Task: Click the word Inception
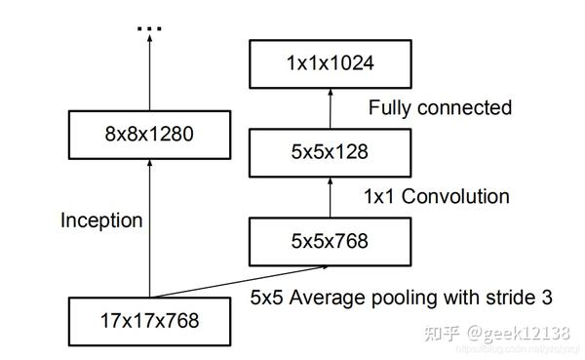(101, 220)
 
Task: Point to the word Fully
(392, 107)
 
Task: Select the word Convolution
(458, 196)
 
